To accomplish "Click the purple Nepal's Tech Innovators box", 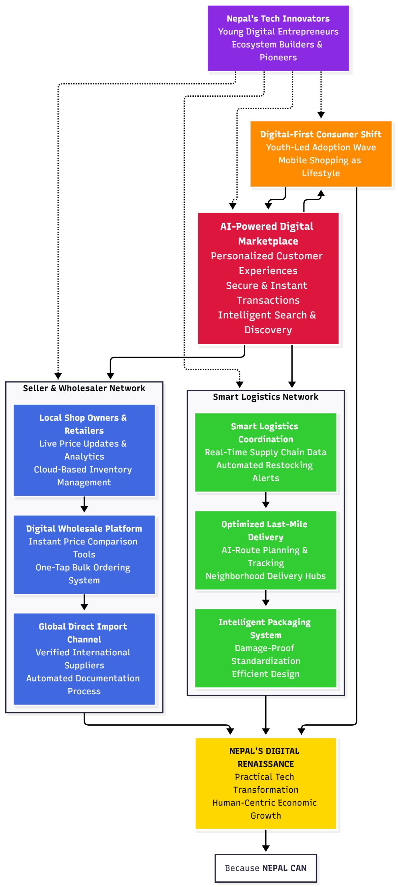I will [x=278, y=38].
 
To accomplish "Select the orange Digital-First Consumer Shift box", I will [x=321, y=154].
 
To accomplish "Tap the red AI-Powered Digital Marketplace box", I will [x=268, y=278].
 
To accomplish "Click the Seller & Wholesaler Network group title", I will [x=84, y=388].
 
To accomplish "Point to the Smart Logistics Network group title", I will [x=266, y=397].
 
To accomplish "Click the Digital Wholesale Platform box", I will [x=84, y=554].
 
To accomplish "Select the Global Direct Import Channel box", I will [x=84, y=658].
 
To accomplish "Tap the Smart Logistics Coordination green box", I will [x=266, y=452].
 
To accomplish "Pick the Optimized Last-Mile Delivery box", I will [x=266, y=550].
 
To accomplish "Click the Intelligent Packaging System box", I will [x=266, y=648].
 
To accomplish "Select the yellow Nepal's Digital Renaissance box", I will [x=266, y=783].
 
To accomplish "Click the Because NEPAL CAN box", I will [x=266, y=868].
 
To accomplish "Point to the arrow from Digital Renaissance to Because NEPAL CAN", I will [x=266, y=840].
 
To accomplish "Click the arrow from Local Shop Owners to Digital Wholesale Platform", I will [x=84, y=505].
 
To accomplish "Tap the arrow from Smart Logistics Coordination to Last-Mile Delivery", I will [x=266, y=500].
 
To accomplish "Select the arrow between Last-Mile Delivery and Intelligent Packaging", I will [x=266, y=598].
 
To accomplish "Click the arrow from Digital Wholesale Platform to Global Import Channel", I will [x=84, y=603].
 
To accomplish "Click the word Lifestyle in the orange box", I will [x=321, y=173].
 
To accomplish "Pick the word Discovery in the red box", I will [x=268, y=330].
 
